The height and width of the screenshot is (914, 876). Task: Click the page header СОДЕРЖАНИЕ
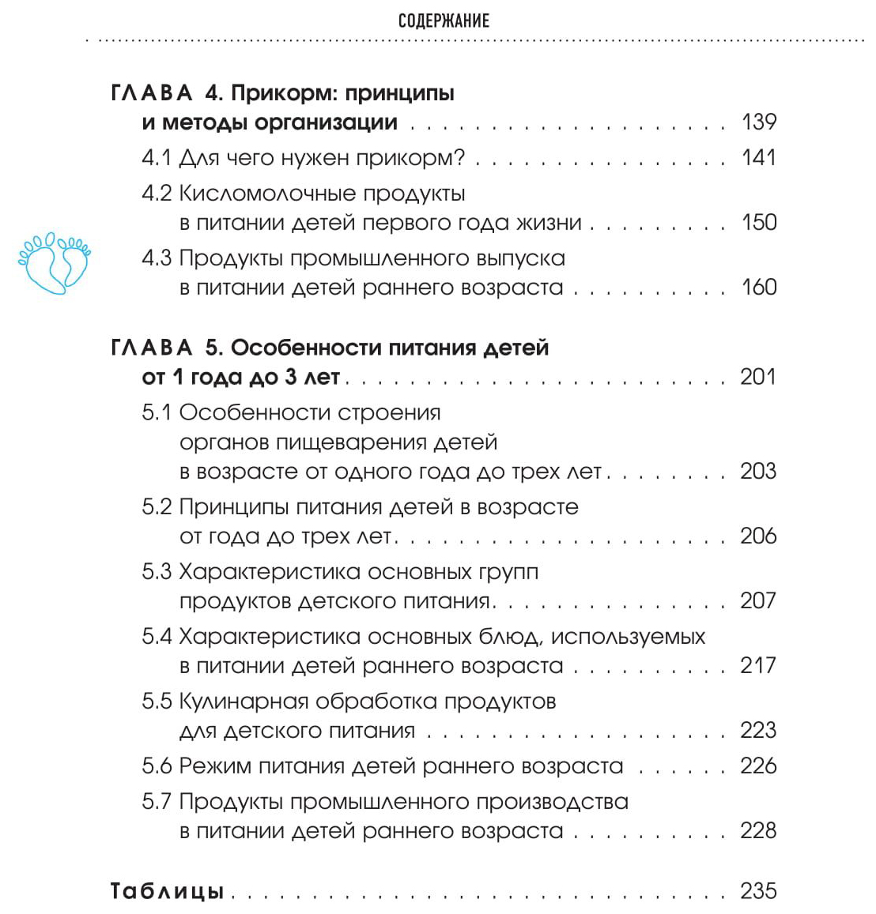tap(444, 21)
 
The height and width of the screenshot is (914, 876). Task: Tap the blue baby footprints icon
tap(54, 262)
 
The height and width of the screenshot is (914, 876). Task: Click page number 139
tap(759, 122)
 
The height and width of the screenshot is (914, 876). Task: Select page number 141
tap(759, 157)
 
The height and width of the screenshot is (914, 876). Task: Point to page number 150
tap(759, 222)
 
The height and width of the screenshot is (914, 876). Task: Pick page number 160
tap(759, 287)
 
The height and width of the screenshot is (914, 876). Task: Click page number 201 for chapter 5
tap(758, 377)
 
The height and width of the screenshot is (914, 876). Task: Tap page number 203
tap(758, 471)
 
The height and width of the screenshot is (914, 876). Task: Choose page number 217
tap(758, 665)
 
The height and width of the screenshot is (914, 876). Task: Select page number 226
tap(758, 765)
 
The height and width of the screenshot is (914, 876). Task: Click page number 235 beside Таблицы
tap(758, 891)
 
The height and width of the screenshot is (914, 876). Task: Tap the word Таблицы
tap(167, 891)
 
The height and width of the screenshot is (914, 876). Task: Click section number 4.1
tap(156, 157)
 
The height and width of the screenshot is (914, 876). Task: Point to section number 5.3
tap(157, 571)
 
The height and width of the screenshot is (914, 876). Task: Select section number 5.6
tap(157, 765)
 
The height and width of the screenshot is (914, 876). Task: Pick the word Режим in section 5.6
tap(216, 765)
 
